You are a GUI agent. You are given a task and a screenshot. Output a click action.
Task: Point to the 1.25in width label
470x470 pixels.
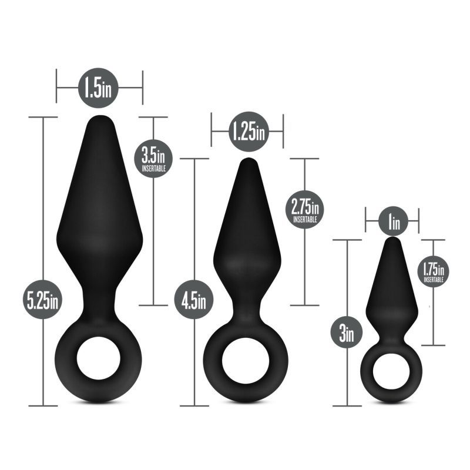coord(247,130)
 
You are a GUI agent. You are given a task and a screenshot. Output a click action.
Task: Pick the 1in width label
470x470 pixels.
coord(392,223)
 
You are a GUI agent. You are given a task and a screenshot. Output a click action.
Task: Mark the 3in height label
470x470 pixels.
coord(347,335)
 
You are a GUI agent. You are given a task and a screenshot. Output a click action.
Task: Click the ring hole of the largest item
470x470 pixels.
coord(99,360)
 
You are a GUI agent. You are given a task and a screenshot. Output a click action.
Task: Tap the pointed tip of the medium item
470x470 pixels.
coord(246,162)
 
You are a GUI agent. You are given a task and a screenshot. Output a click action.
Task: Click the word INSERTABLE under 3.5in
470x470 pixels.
coord(153,168)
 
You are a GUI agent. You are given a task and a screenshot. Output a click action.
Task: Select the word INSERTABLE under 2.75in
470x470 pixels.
coord(305,219)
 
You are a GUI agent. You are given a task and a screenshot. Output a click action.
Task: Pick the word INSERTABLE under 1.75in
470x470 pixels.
coord(433,280)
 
